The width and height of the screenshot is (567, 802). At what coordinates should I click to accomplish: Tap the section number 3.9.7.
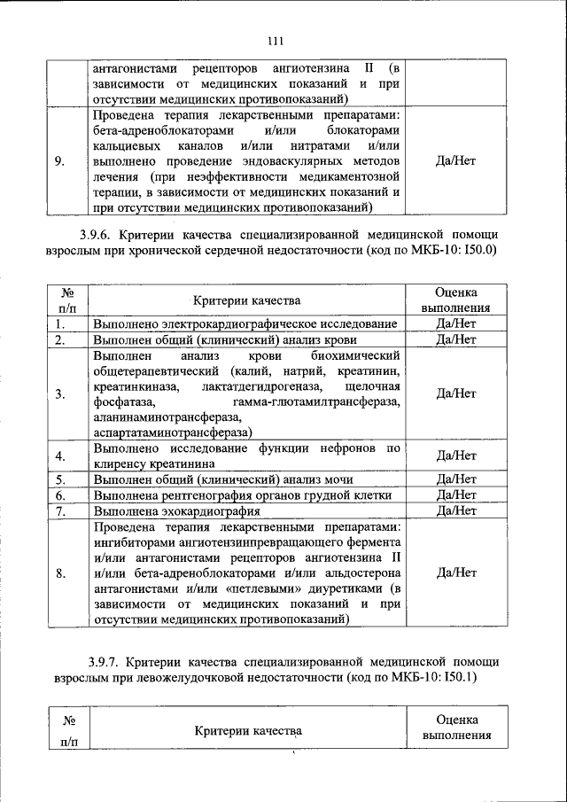105,662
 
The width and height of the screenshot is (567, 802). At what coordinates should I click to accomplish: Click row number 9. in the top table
58,161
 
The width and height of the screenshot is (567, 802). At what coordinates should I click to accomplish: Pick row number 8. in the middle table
58,572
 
